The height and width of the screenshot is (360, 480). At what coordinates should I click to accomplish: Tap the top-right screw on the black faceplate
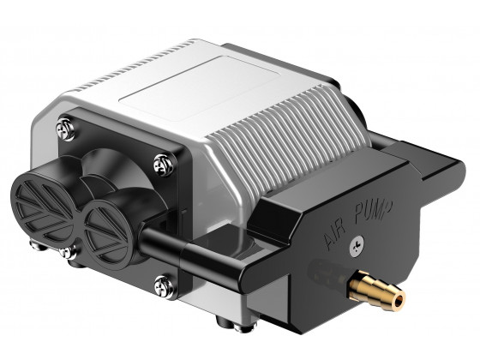click(x=160, y=160)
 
